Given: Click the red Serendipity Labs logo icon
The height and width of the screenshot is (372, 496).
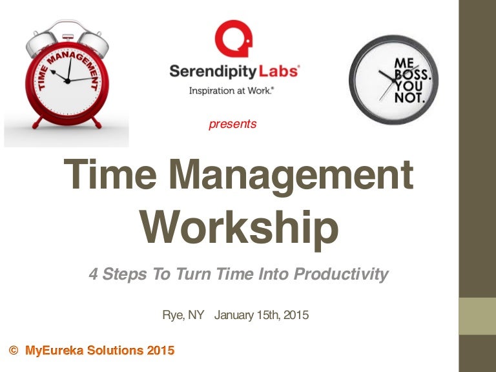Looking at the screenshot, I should point(233,39).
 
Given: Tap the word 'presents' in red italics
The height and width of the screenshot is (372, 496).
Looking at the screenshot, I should point(232,124).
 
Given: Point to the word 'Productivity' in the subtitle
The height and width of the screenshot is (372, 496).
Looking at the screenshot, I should point(341,274).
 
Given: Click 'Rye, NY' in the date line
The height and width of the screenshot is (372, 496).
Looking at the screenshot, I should point(183,316).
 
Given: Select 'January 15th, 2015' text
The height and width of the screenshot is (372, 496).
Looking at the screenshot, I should point(262,316).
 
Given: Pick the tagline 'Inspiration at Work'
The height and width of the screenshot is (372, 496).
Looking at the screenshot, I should point(232,91).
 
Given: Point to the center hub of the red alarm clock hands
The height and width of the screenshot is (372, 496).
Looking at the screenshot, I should point(67,81).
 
